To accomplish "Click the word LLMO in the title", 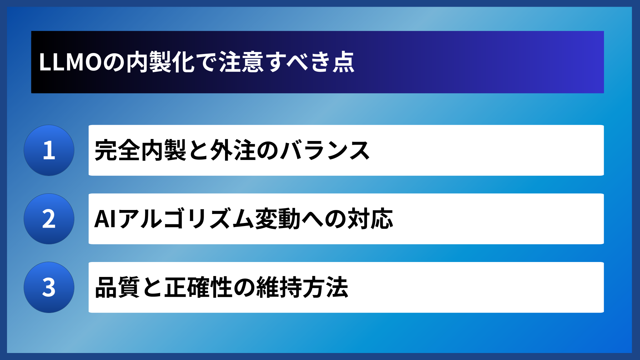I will tap(70, 62).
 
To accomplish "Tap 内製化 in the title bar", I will tap(160, 62).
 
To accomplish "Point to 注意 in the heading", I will tap(241, 62).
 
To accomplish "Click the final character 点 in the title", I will tap(344, 62).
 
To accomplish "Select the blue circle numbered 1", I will tap(49, 150).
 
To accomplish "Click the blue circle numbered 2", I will tap(49, 219).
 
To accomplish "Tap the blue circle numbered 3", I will tap(49, 287).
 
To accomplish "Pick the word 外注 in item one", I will tap(233, 150).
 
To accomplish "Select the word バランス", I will tap(325, 150).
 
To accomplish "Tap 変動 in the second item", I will tap(278, 219).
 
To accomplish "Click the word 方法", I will tap(325, 287).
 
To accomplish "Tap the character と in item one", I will tap(198, 150).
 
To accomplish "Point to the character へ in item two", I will tap(312, 219).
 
